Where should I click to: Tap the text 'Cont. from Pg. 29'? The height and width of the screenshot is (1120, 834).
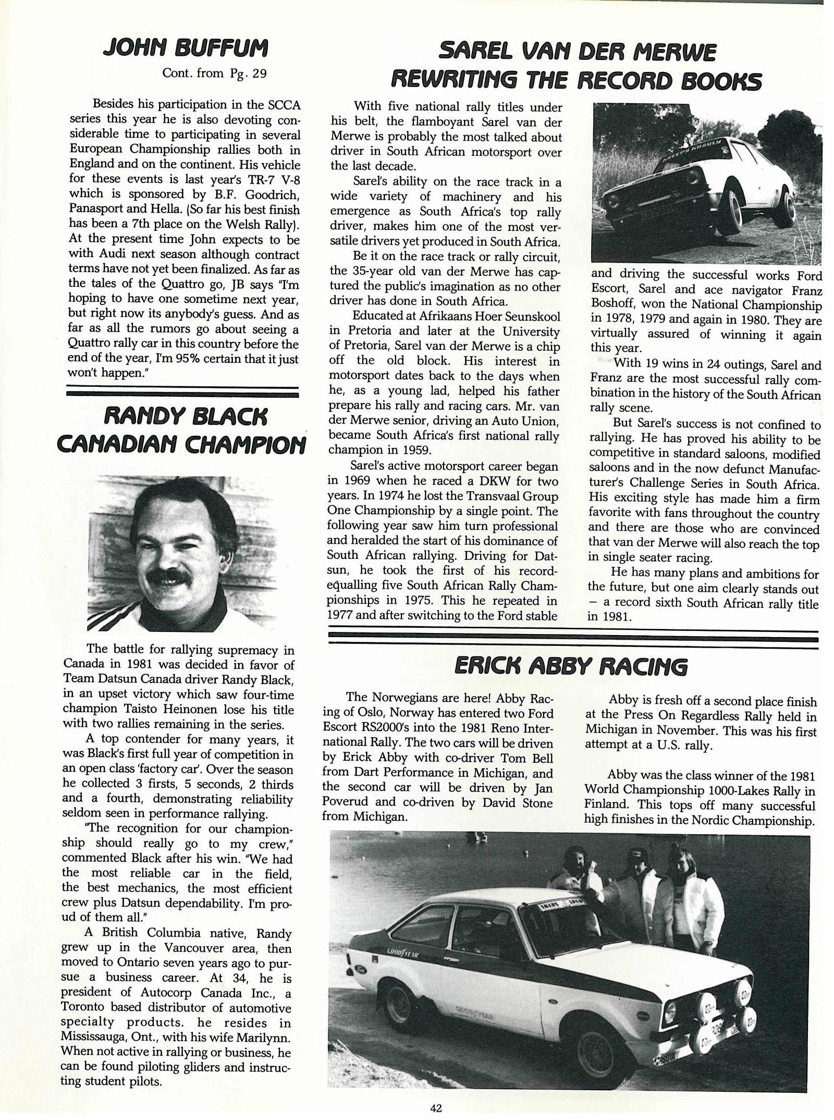[x=214, y=73]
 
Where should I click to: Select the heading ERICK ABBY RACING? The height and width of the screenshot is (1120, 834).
[x=570, y=666]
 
